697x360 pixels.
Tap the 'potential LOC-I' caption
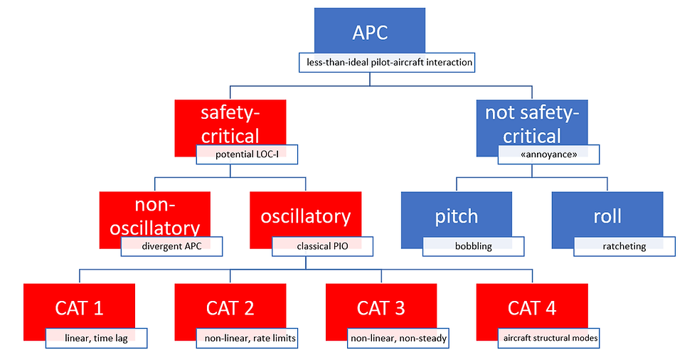tap(248, 154)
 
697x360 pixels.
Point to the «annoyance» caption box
tap(548, 154)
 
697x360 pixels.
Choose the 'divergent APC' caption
tap(171, 246)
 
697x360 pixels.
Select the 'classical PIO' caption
tap(323, 246)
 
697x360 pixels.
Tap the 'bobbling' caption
tap(474, 246)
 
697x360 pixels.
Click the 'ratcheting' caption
tap(624, 246)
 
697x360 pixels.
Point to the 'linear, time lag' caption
tap(97, 338)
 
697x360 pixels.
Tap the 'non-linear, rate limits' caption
tap(248, 338)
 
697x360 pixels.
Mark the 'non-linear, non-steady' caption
tap(398, 338)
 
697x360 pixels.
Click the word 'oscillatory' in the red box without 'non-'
tap(306, 216)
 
